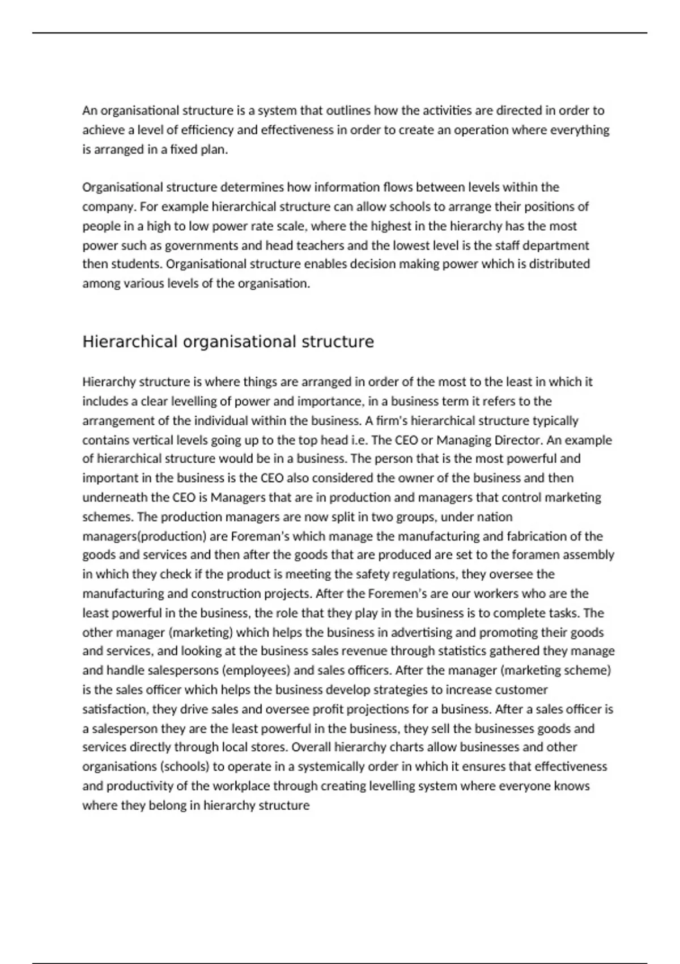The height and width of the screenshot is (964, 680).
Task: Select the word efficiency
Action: (207, 130)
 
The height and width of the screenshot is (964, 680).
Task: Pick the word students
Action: (142, 264)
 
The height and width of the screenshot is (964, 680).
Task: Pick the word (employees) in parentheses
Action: (256, 670)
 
